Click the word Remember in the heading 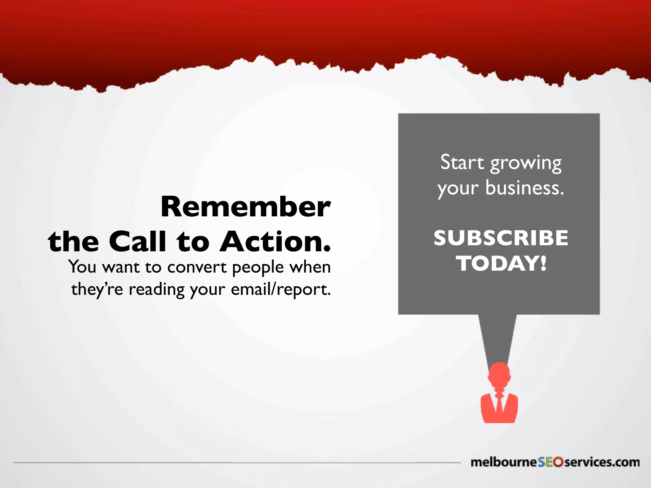(x=245, y=207)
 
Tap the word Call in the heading (x=137, y=241)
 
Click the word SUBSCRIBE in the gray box (x=501, y=238)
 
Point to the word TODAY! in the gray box (x=501, y=264)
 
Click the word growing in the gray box (x=526, y=164)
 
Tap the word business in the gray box (x=524, y=188)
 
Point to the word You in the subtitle (x=82, y=267)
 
